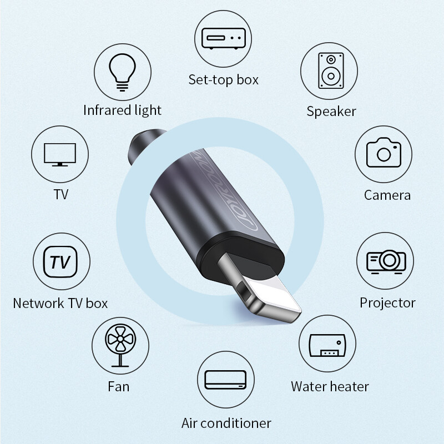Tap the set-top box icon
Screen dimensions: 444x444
pos(223,38)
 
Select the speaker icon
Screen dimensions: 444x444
pos(329,70)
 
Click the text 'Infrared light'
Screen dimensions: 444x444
pos(122,110)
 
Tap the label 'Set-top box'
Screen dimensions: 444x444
pos(224,79)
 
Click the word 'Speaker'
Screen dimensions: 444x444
pos(331,111)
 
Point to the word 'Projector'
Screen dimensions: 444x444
pos(387,302)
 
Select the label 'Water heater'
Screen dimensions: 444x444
pos(330,386)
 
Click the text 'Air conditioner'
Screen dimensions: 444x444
pos(226,423)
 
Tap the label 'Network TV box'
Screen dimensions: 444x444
pos(60,303)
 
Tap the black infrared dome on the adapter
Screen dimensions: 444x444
pos(143,145)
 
